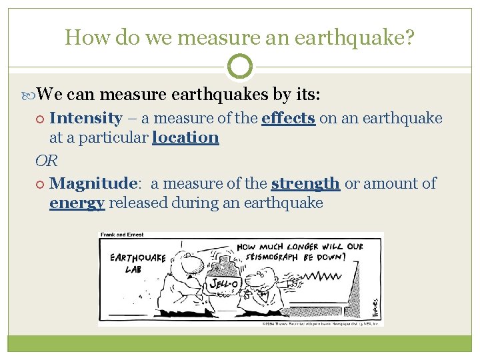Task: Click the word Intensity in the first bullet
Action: pos(85,119)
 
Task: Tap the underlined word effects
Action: pos(288,119)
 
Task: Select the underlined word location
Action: pos(185,138)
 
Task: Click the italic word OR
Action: pos(46,161)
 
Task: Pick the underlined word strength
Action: pos(305,183)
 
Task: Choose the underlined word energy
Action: pos(77,203)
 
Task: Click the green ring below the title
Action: pos(240,67)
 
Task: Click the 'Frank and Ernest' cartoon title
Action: pos(122,235)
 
